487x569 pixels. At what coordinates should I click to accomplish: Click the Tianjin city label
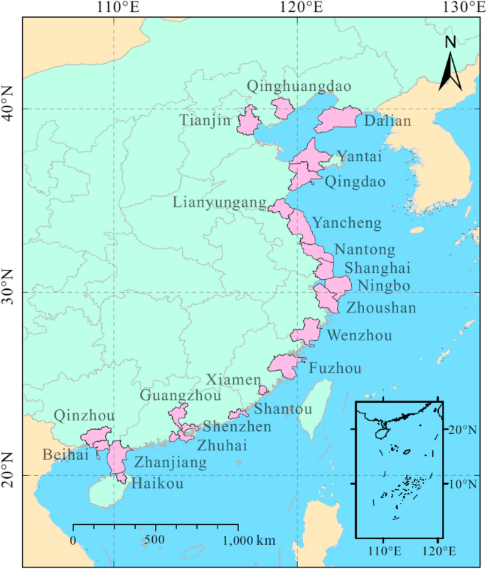click(x=205, y=121)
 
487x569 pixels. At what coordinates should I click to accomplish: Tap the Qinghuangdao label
click(x=299, y=87)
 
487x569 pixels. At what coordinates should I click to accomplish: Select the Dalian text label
click(x=387, y=121)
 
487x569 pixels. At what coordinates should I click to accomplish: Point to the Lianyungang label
click(x=214, y=203)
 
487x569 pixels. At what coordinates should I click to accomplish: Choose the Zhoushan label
click(x=381, y=308)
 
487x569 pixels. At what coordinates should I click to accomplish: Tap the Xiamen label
click(x=234, y=380)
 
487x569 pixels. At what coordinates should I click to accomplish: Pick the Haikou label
click(x=154, y=484)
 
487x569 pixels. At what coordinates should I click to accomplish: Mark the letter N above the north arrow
click(x=450, y=43)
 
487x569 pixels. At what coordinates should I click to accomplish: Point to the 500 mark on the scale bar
click(x=156, y=541)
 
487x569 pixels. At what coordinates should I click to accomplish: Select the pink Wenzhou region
click(x=307, y=331)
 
